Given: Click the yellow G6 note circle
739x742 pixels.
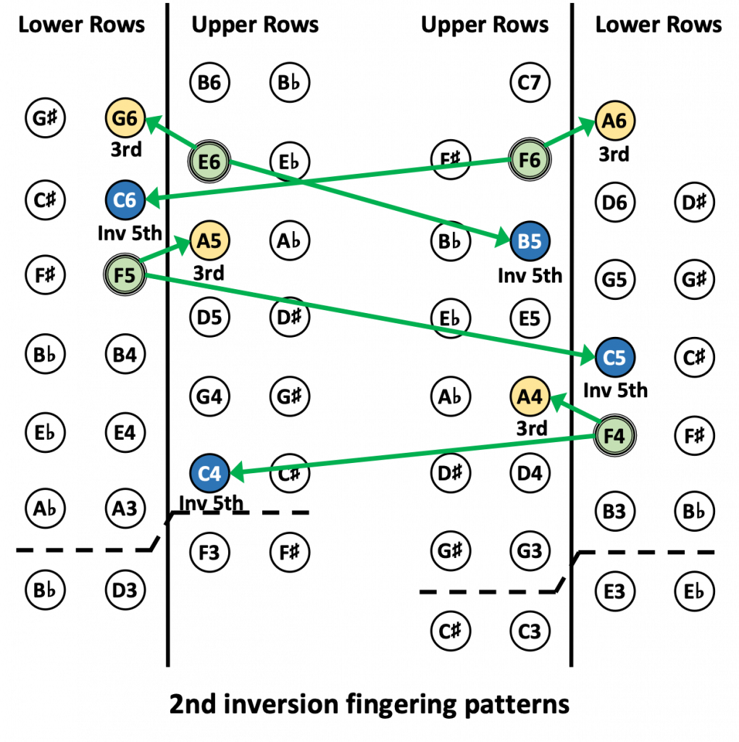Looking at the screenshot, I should pyautogui.click(x=125, y=119).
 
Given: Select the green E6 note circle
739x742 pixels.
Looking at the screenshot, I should pyautogui.click(x=209, y=161).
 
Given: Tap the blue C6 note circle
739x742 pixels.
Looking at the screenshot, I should pyautogui.click(x=125, y=200).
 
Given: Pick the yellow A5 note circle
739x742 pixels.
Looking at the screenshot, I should pyautogui.click(x=209, y=241).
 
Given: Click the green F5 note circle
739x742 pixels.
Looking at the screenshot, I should pyautogui.click(x=125, y=275).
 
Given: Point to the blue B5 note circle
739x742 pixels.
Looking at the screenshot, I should pyautogui.click(x=530, y=241).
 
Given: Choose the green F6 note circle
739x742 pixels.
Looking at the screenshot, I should pyautogui.click(x=530, y=159).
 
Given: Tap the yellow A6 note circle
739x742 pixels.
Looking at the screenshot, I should pyautogui.click(x=614, y=120).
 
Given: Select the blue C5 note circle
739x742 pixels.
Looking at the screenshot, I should pyautogui.click(x=615, y=358).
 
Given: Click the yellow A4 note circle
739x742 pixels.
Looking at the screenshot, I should pyautogui.click(x=530, y=396).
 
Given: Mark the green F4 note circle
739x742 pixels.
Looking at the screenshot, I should pyautogui.click(x=614, y=436).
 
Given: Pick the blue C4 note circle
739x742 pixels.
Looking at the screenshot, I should pyautogui.click(x=209, y=474).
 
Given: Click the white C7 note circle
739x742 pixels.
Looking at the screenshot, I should pyautogui.click(x=530, y=83).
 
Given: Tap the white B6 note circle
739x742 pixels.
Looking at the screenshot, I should pyautogui.click(x=209, y=83).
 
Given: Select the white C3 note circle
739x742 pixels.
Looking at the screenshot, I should pyautogui.click(x=530, y=631).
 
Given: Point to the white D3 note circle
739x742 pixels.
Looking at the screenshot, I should pyautogui.click(x=125, y=591).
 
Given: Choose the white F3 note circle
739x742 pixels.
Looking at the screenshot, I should pyautogui.click(x=209, y=553).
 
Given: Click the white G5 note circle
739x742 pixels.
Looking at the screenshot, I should pyautogui.click(x=614, y=279).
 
